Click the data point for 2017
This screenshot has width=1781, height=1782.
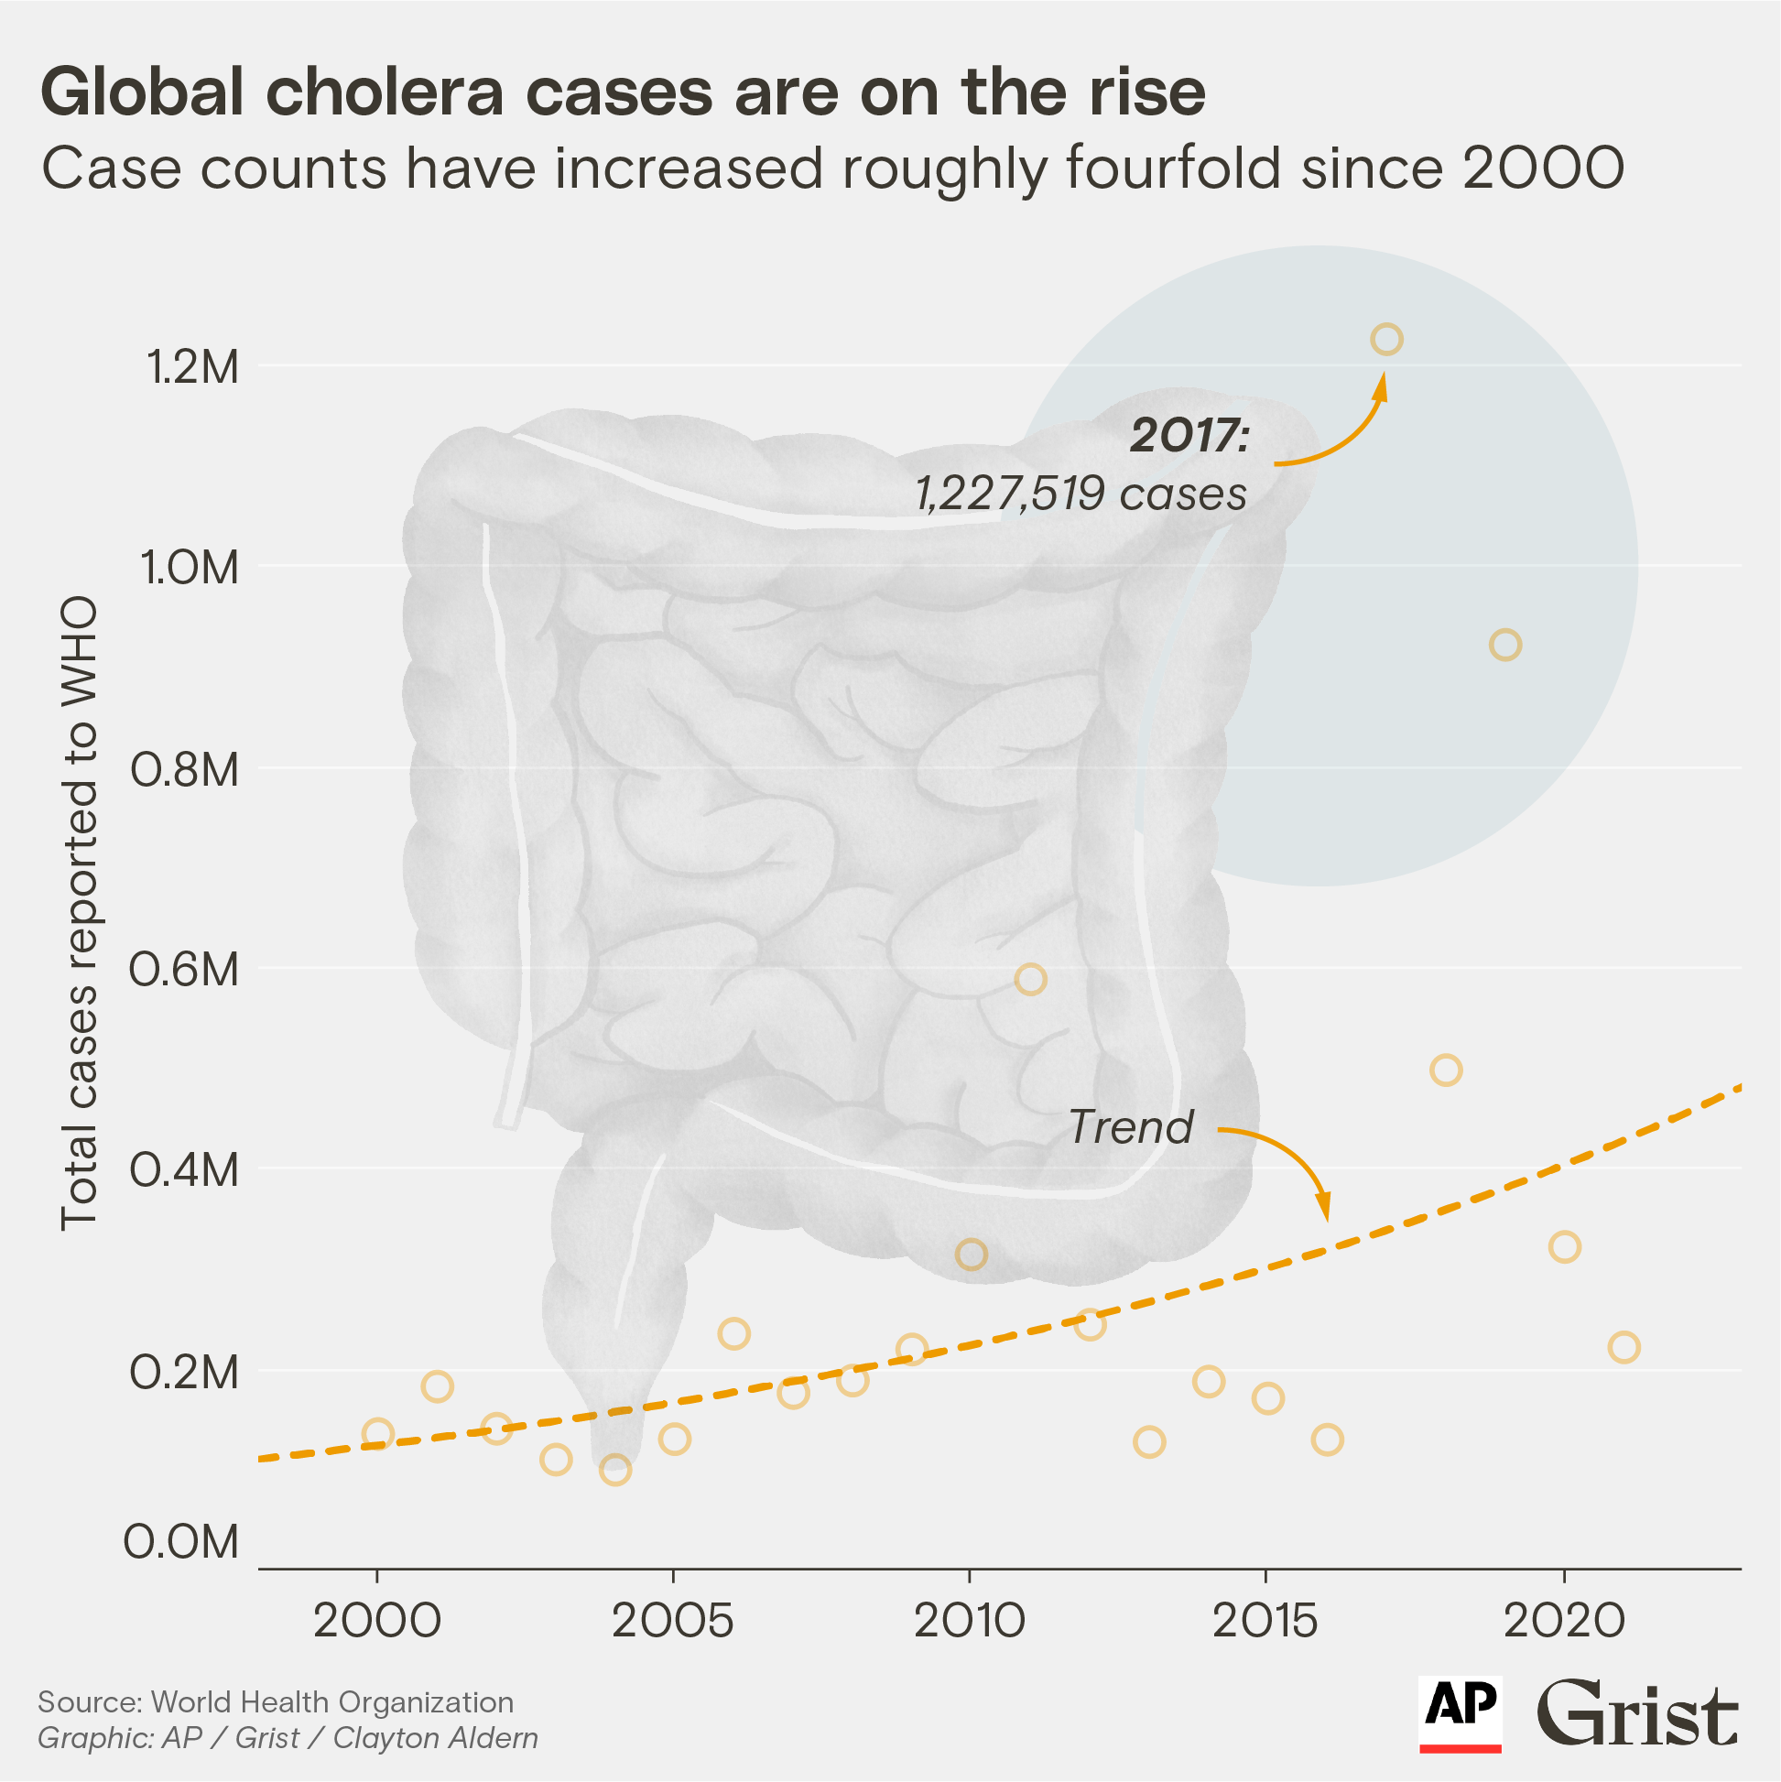tap(1386, 340)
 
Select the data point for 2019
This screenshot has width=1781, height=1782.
tap(1505, 645)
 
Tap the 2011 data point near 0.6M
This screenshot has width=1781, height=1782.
tap(1030, 979)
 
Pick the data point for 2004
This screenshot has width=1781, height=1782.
tap(615, 1470)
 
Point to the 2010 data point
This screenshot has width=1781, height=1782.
tap(972, 1255)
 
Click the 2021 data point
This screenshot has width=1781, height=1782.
tap(1624, 1348)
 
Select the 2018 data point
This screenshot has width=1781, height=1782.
tap(1446, 1070)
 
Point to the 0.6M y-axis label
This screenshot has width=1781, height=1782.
tap(184, 971)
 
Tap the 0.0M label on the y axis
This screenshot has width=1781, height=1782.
tap(181, 1542)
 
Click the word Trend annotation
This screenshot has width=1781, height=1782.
tap(1131, 1127)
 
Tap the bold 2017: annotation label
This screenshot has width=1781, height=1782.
tap(1189, 436)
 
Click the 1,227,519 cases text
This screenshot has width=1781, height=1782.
tap(1081, 494)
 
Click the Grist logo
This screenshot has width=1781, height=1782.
tap(1637, 1713)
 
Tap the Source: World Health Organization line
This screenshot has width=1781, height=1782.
tap(276, 1701)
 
